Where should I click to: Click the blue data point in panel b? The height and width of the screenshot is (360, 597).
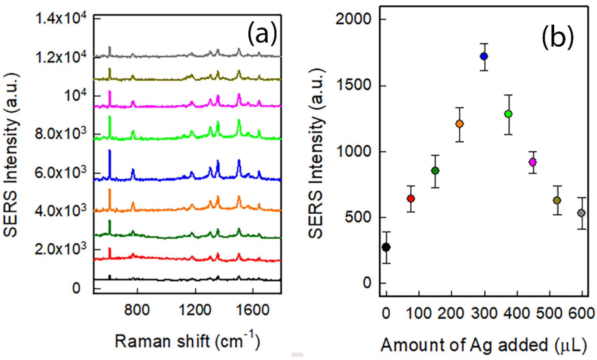pos(484,56)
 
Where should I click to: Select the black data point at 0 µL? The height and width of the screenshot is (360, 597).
pos(386,247)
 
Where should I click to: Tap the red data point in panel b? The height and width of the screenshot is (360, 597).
pos(411,199)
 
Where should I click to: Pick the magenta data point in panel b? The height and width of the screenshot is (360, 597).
pos(532,162)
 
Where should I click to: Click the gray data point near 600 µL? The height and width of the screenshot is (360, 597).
pos(581,213)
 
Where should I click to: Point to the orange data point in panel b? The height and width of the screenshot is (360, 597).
pos(459,124)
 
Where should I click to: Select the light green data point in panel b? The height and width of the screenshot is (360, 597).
pos(508,114)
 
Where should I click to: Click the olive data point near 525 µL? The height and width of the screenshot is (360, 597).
pos(557,200)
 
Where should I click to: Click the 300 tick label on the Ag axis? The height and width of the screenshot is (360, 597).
pos(484,313)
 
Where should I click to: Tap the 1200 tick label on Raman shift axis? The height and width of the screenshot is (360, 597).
pos(195,310)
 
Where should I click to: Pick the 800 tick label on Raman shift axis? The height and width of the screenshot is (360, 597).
pos(137,310)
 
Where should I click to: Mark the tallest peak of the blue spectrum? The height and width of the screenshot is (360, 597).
pos(110,151)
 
